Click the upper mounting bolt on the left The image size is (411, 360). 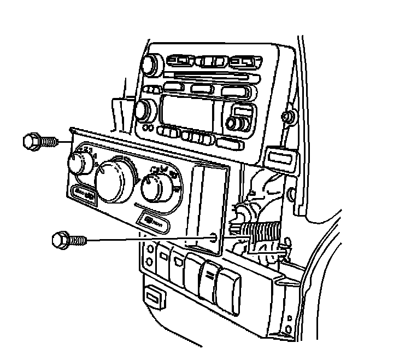[x=34, y=141]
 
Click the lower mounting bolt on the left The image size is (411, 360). [x=61, y=239]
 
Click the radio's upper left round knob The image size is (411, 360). [x=150, y=66]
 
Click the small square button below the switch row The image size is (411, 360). [x=155, y=297]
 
